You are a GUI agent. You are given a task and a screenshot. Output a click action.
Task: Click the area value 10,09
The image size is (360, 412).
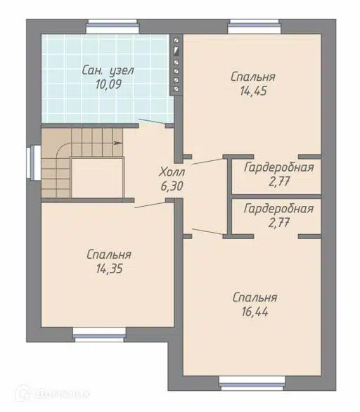(108, 84)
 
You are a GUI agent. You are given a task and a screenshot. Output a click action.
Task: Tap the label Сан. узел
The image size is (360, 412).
(108, 70)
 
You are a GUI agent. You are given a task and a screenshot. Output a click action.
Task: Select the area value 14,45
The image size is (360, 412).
(253, 91)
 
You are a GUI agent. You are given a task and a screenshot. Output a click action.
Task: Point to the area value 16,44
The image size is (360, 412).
(255, 312)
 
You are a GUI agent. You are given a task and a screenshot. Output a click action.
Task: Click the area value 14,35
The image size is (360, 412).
(109, 269)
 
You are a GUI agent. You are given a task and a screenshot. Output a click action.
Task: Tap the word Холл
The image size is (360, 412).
(172, 172)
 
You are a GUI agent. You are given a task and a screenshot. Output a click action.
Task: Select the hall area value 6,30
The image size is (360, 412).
(172, 186)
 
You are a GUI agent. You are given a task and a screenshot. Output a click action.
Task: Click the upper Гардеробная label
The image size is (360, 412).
(279, 167)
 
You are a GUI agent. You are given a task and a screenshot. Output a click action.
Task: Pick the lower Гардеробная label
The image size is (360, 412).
(279, 209)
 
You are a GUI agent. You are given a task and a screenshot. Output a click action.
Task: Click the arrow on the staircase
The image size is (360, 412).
(117, 143)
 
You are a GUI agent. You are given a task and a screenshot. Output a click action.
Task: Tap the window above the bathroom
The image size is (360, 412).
(112, 26)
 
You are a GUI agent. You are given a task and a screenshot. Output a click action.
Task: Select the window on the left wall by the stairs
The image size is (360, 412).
(34, 163)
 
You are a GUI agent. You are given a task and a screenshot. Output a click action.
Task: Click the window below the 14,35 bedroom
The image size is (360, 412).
(99, 335)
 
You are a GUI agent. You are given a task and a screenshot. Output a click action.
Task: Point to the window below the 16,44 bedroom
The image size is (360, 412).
(252, 383)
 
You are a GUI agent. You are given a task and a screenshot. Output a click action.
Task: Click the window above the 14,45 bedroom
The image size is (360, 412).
(254, 26)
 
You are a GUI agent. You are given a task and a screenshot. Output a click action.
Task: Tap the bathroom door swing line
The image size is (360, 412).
(152, 122)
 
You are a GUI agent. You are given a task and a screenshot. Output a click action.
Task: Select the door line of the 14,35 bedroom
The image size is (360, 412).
(150, 205)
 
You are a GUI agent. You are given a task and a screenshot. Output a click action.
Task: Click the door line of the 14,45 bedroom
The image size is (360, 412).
(207, 161)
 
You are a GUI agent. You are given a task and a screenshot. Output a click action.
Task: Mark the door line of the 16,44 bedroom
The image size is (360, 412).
(207, 231)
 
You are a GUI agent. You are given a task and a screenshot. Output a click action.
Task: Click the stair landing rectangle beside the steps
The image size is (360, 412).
(97, 177)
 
